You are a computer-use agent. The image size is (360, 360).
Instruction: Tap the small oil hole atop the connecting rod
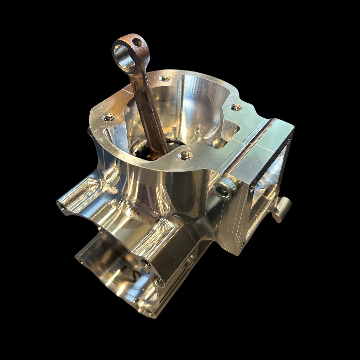click(x=137, y=42)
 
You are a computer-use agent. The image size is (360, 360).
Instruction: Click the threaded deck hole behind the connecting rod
click(x=165, y=79)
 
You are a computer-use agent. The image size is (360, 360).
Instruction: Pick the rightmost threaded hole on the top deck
click(x=236, y=107)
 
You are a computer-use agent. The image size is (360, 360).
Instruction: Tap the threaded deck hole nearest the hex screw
click(x=185, y=155)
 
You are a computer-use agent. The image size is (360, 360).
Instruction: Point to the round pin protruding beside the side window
click(x=282, y=208)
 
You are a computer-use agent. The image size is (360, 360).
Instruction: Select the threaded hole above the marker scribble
click(x=146, y=264)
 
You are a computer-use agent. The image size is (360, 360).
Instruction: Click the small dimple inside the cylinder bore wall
click(x=199, y=128)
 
